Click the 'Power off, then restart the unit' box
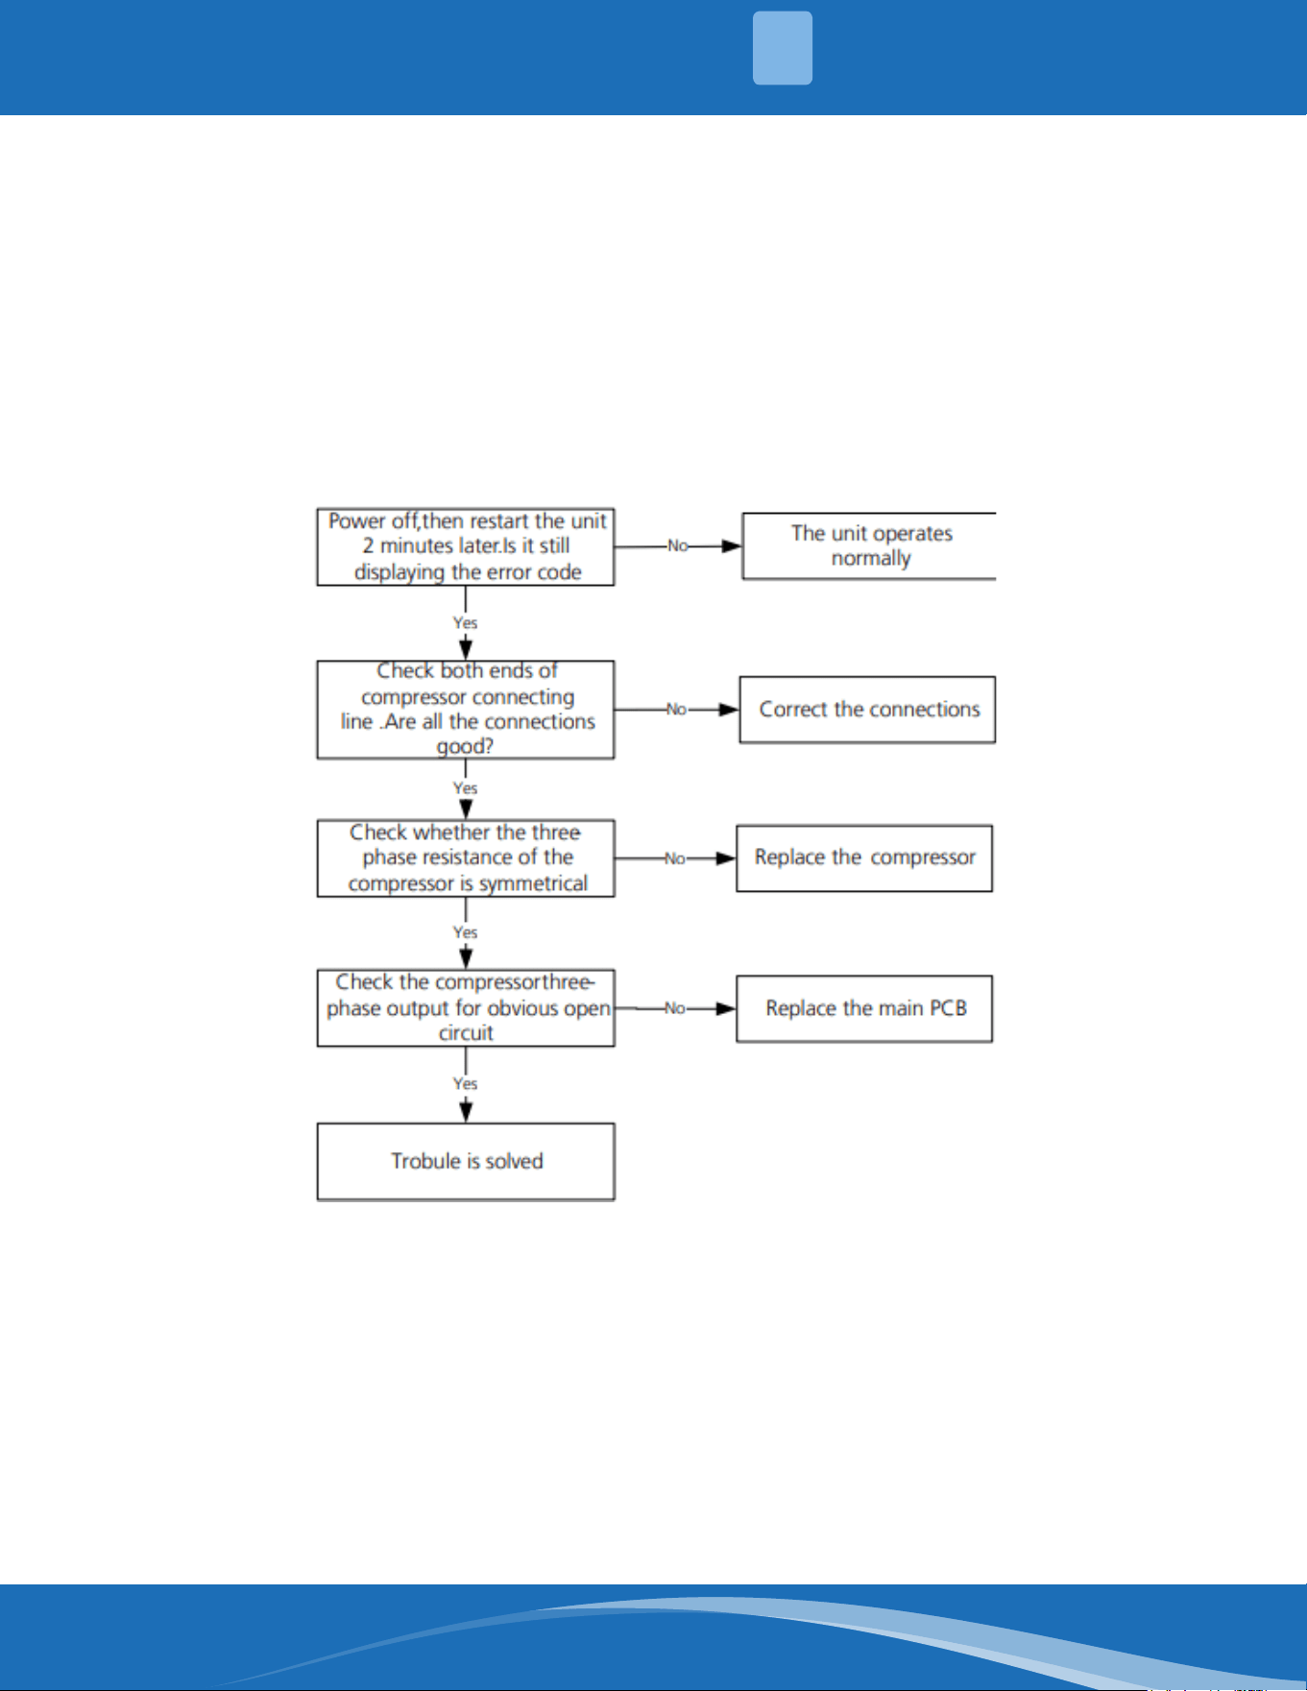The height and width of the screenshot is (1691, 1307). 466,546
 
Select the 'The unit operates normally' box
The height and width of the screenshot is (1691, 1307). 869,545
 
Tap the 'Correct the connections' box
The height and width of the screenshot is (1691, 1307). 867,710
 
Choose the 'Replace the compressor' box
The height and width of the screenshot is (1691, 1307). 864,858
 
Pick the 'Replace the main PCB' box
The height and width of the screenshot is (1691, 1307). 864,1008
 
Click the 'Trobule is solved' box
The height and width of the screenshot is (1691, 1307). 466,1162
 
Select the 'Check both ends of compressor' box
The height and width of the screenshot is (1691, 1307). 466,710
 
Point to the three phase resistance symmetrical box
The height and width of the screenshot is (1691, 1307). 466,858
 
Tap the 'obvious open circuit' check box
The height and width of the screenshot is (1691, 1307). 466,1008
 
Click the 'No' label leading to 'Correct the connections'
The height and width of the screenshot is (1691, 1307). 676,710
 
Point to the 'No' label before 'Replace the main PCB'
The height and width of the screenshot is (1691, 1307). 675,1008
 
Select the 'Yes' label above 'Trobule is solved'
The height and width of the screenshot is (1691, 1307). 466,1083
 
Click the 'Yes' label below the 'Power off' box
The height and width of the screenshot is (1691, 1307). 466,623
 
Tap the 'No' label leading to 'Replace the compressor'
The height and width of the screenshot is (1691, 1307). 675,858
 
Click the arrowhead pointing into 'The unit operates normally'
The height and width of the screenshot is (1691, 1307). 732,546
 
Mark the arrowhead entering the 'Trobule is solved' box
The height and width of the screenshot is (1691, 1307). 466,1112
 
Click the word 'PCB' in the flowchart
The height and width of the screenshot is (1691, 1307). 948,1008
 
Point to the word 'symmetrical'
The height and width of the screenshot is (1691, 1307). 533,883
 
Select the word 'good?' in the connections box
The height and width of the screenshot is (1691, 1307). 466,746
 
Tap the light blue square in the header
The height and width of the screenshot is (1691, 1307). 783,48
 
